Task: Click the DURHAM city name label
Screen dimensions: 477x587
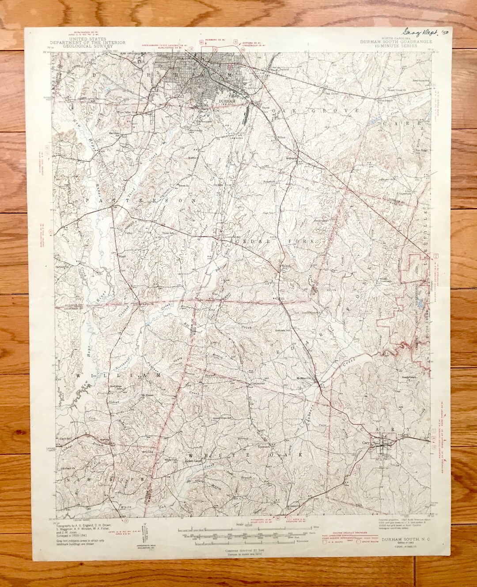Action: pos(228,101)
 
